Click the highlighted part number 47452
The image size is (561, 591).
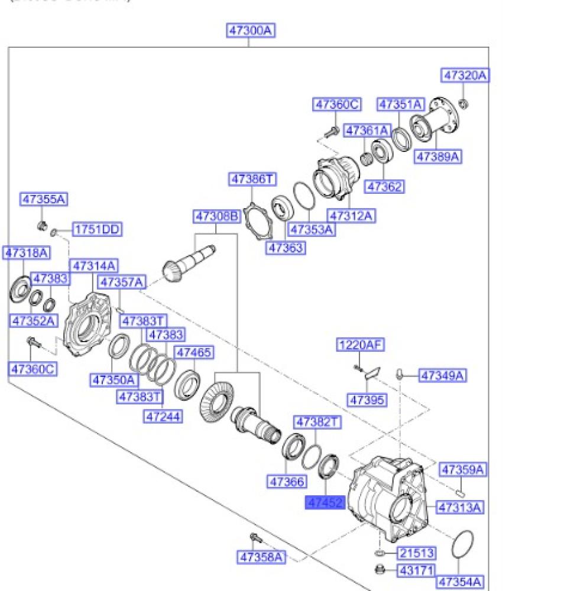pos(324,502)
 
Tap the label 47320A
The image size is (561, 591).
pos(466,76)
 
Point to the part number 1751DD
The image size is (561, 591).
pos(98,229)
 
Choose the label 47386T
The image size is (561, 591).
pos(253,178)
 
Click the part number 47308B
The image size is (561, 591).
pos(217,217)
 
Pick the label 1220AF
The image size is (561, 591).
pos(361,345)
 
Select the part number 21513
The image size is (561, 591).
pos(416,553)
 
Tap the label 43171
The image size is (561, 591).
pos(416,571)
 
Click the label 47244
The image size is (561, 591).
pos(163,417)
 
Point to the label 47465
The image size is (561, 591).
pos(194,353)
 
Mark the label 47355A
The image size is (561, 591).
pos(44,200)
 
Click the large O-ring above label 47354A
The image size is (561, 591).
pos(462,544)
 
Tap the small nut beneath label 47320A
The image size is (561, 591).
pos(464,104)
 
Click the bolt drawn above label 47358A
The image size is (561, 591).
pos(254,537)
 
